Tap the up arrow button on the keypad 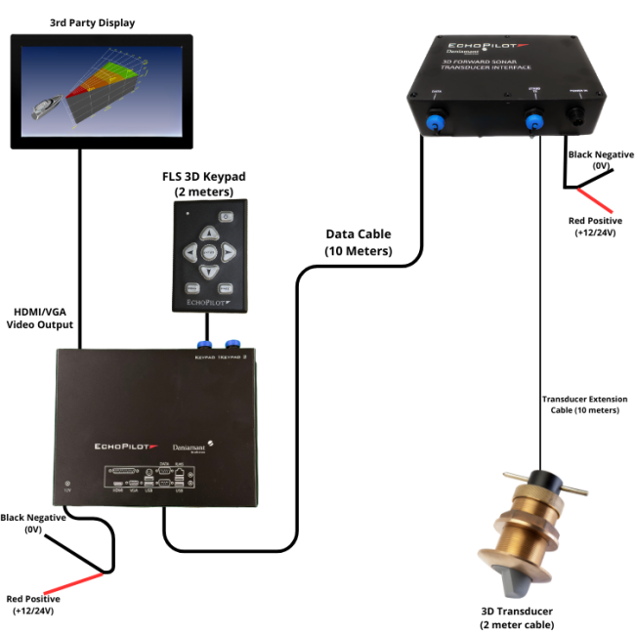coord(208,234)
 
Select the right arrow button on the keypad coord(229,253)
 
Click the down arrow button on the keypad coord(208,272)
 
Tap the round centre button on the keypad coord(208,253)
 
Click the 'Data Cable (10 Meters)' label coord(358,243)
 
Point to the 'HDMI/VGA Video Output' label coord(39,317)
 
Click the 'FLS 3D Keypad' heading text coord(205,176)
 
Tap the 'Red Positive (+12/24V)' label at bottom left coord(33,604)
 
